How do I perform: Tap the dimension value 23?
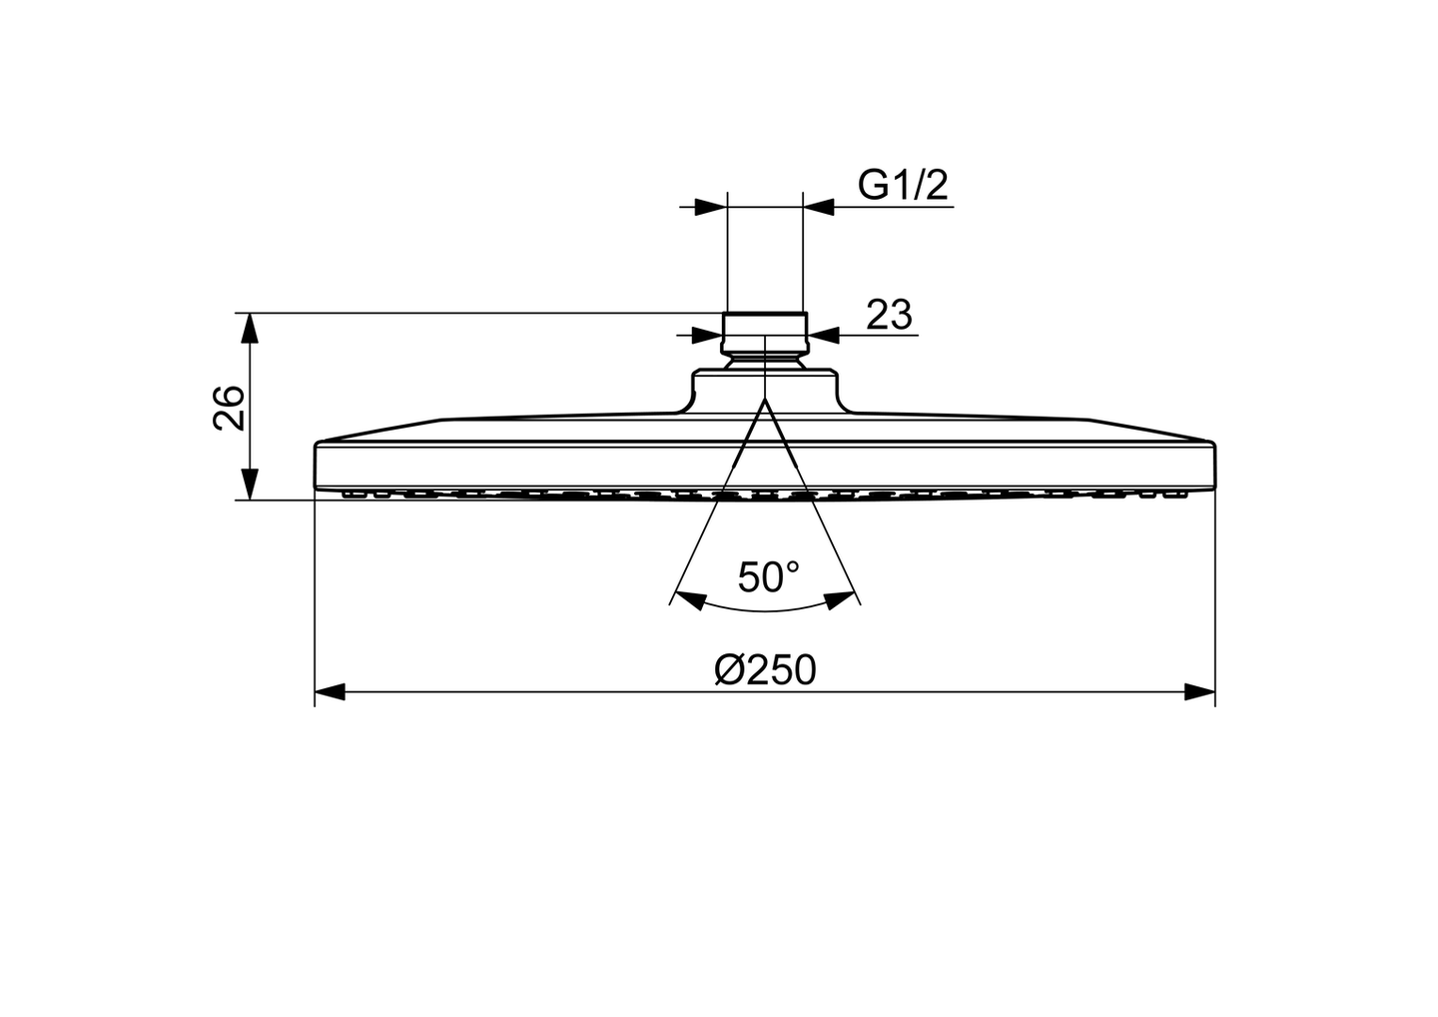click(x=888, y=315)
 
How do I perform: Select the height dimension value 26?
click(x=230, y=406)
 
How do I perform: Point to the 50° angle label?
click(x=768, y=576)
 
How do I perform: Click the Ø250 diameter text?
click(x=765, y=669)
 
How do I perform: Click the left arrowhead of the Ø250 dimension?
click(x=331, y=691)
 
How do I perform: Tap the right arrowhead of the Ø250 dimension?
click(x=1199, y=691)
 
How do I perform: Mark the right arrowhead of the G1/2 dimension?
click(x=818, y=207)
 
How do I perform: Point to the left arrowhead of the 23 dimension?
click(x=707, y=334)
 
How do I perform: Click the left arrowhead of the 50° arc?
click(x=689, y=599)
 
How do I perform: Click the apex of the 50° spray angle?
click(x=764, y=400)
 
